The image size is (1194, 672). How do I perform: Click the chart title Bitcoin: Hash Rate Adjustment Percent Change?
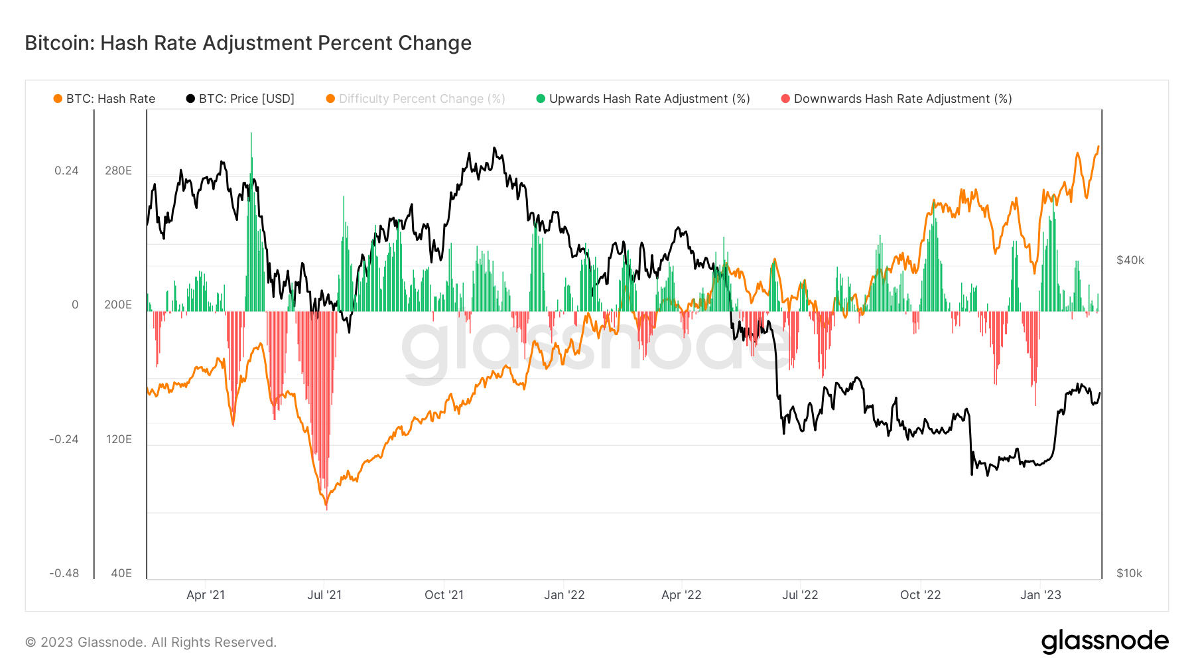(248, 43)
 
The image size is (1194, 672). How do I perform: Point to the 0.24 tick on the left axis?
(66, 170)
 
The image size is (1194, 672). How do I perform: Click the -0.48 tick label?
(64, 573)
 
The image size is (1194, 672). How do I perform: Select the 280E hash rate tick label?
(118, 170)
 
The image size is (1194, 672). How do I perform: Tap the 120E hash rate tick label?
(119, 439)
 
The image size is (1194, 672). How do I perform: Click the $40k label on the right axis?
(1130, 260)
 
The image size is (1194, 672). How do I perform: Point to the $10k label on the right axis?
(1129, 573)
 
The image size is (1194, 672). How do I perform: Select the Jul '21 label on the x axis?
(324, 595)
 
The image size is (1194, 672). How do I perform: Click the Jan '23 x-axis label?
(1040, 595)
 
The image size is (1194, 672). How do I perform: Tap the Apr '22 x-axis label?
(681, 595)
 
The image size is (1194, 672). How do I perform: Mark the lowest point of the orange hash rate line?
(326, 507)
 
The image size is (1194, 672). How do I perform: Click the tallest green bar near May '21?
(251, 135)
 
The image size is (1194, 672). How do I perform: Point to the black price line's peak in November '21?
(494, 149)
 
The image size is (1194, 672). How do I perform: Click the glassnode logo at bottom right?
(1104, 641)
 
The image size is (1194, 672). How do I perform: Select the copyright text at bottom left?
(151, 642)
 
